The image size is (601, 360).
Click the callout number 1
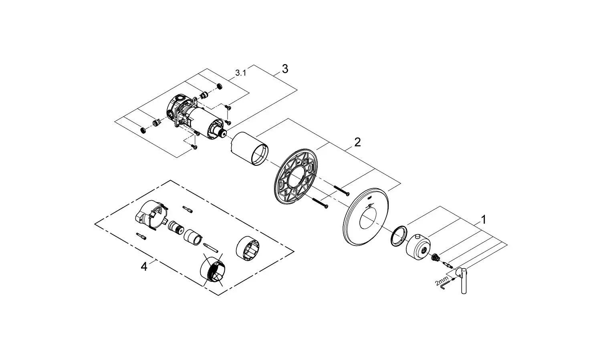(483, 220)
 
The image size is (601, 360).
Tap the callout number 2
(357, 142)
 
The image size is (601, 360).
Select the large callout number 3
(285, 69)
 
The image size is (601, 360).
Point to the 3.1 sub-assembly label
(241, 72)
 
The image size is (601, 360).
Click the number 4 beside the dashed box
(144, 267)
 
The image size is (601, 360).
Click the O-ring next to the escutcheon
(398, 236)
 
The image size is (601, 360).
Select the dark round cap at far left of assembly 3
(143, 130)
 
